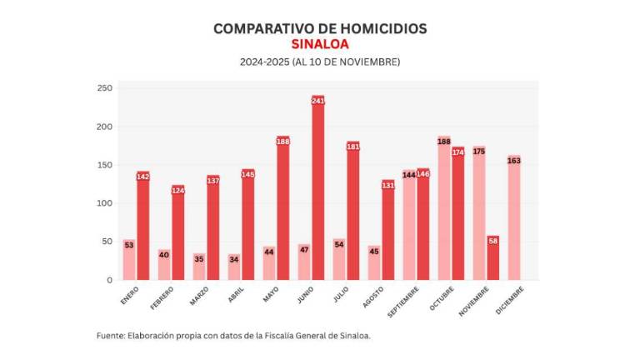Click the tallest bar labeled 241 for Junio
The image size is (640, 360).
tap(317, 192)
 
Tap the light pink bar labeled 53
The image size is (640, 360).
tap(129, 260)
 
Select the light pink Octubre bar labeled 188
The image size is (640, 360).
tap(444, 208)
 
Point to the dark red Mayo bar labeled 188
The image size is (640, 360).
tap(282, 208)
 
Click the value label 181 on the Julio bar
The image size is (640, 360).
tap(352, 147)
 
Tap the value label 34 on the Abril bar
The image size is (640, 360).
tap(234, 258)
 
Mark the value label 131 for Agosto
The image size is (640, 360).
tap(387, 185)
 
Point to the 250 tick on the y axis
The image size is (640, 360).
tap(104, 88)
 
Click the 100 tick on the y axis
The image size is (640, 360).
tap(104, 203)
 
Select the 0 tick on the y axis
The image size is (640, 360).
tap(108, 280)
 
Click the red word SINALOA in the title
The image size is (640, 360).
tap(320, 44)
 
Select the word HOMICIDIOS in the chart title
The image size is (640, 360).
tap(382, 27)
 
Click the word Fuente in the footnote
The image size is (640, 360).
tap(110, 336)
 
